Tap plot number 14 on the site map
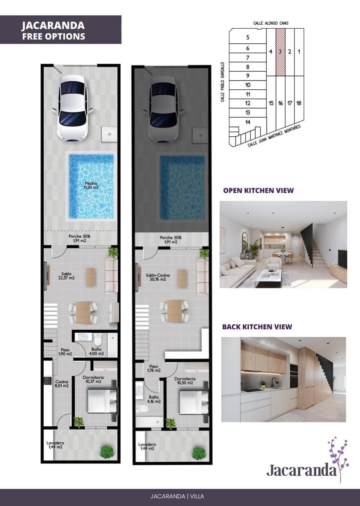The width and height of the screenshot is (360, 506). [248, 122]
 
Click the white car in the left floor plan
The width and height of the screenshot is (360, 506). [72, 108]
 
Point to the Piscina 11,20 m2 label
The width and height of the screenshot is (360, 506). [91, 185]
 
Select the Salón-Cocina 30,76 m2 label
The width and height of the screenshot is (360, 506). [156, 277]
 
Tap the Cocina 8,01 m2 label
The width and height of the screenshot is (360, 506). [62, 384]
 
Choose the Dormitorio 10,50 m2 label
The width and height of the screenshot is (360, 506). [184, 381]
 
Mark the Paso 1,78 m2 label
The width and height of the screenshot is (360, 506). [154, 369]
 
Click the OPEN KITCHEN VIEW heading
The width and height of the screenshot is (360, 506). [258, 191]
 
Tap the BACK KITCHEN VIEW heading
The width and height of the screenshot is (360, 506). [257, 327]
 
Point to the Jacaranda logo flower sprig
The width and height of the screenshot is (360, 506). [338, 458]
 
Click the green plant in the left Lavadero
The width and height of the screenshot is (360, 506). [107, 452]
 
